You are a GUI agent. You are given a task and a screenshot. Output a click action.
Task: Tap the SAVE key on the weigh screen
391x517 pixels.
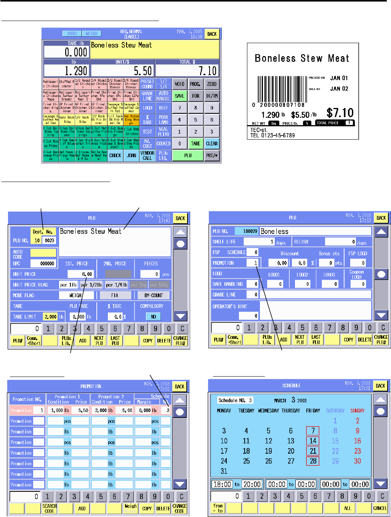coord(179,96)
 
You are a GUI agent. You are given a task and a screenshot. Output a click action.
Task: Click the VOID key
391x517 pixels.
coord(179,84)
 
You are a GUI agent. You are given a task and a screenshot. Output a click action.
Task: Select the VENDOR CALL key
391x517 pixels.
coord(147,155)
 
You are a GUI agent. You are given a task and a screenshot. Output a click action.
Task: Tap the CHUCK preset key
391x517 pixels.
coord(115,155)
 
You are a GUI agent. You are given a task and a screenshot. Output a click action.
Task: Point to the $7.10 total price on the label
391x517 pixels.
coord(340,113)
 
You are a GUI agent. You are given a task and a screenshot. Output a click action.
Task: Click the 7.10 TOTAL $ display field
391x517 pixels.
coord(187,71)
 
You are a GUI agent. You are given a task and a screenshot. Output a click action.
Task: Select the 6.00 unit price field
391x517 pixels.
coord(80,274)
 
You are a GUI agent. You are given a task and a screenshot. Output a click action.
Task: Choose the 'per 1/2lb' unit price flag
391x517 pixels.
coord(91,285)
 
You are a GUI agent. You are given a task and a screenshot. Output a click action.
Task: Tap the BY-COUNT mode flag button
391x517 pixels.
coord(153,295)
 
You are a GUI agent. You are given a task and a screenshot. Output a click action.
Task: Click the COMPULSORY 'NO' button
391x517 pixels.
coord(153,317)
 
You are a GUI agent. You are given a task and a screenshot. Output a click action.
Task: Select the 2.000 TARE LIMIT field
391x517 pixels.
coord(50,317)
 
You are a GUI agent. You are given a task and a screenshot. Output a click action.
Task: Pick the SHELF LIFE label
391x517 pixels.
coord(224,242)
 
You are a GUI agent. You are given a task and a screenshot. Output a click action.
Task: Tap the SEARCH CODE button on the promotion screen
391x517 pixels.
coord(50,508)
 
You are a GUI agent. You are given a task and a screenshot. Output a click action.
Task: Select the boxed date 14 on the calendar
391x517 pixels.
coord(313,441)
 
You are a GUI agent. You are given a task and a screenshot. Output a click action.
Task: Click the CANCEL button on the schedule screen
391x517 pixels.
coord(380,508)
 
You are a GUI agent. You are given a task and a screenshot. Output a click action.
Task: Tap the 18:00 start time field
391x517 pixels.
coord(222,484)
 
